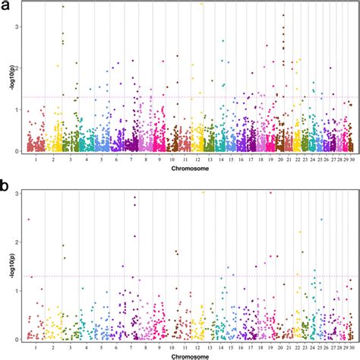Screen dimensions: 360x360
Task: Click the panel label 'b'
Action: [5, 184]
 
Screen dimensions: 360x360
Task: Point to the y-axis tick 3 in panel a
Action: [18, 27]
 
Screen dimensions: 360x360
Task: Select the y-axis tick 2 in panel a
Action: [18, 68]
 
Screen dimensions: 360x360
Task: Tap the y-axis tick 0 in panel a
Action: [18, 151]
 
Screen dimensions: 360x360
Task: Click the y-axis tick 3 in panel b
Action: [18, 194]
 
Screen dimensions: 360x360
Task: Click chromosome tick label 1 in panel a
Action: [35, 159]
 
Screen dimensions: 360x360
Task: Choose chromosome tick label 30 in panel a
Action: [350, 159]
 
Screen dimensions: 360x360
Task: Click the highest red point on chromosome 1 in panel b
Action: [28, 219]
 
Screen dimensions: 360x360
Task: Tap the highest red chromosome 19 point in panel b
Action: [270, 193]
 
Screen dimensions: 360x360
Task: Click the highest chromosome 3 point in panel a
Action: [63, 6]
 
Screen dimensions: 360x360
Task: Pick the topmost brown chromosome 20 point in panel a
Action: [283, 15]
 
